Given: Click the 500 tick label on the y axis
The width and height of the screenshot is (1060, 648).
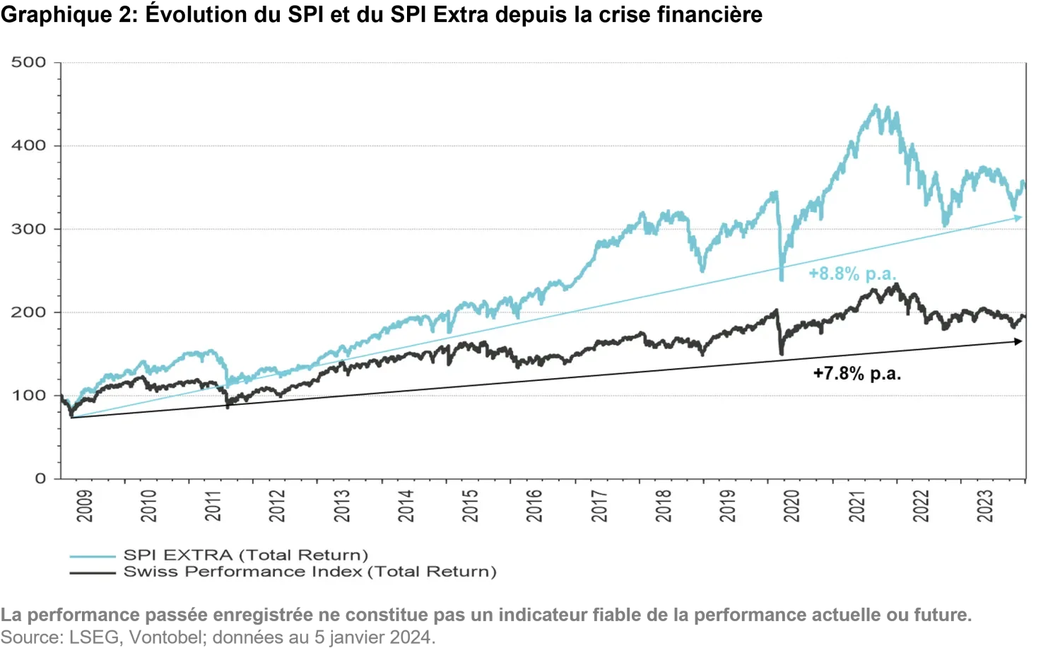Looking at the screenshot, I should coord(28,62).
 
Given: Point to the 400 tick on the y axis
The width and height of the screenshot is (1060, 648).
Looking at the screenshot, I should coord(28,146).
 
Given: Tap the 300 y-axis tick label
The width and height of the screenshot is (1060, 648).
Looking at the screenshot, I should coord(28,229).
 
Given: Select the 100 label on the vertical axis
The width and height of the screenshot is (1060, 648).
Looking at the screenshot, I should coord(28,396).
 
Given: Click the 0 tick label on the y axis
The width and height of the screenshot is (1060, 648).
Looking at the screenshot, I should coord(40,479).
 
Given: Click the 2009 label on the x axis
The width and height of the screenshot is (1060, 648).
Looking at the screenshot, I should coord(85,506).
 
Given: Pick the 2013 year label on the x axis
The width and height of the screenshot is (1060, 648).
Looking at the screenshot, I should coord(342,506).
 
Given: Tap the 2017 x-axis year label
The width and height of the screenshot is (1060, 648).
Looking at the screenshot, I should coord(599,506).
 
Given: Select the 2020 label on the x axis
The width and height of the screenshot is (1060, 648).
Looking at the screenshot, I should coord(792,506).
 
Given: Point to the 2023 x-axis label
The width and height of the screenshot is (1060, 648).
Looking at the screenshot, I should coord(985,506).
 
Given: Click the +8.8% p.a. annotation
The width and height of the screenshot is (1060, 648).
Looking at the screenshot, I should coord(852,273).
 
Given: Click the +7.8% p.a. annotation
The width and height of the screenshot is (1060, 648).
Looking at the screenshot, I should coord(857,373).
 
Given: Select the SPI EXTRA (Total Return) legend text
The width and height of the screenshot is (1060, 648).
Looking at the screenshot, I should coord(246,555).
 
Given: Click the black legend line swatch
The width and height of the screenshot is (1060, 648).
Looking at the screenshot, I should coord(93,572).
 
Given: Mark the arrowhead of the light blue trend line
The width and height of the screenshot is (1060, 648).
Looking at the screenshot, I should coord(1019,218).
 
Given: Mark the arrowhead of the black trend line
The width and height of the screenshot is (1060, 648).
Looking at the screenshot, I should coord(1019,341).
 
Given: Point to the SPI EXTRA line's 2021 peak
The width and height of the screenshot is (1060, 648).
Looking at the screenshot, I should coord(876,106).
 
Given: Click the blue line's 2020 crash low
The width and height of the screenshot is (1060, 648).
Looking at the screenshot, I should coord(781,279).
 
